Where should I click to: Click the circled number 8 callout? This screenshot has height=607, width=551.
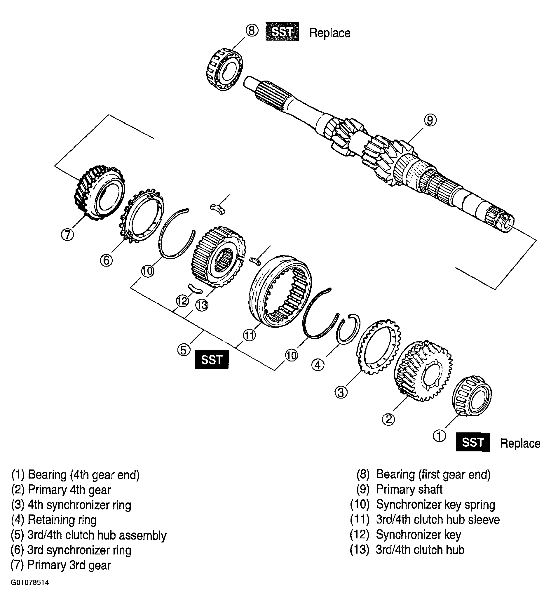(x=252, y=30)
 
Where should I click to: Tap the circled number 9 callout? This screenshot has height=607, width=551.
(x=430, y=120)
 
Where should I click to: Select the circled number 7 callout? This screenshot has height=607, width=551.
(x=67, y=234)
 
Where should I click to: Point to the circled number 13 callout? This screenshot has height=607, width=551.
(x=202, y=305)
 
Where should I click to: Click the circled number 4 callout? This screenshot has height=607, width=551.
(x=318, y=365)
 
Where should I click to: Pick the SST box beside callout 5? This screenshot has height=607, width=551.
(x=212, y=359)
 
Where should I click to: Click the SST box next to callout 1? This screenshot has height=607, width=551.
(x=473, y=442)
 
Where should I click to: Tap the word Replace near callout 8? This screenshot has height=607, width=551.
(x=329, y=33)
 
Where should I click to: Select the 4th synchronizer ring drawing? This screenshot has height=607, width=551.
(x=379, y=347)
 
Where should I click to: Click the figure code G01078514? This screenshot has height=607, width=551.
(x=30, y=591)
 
